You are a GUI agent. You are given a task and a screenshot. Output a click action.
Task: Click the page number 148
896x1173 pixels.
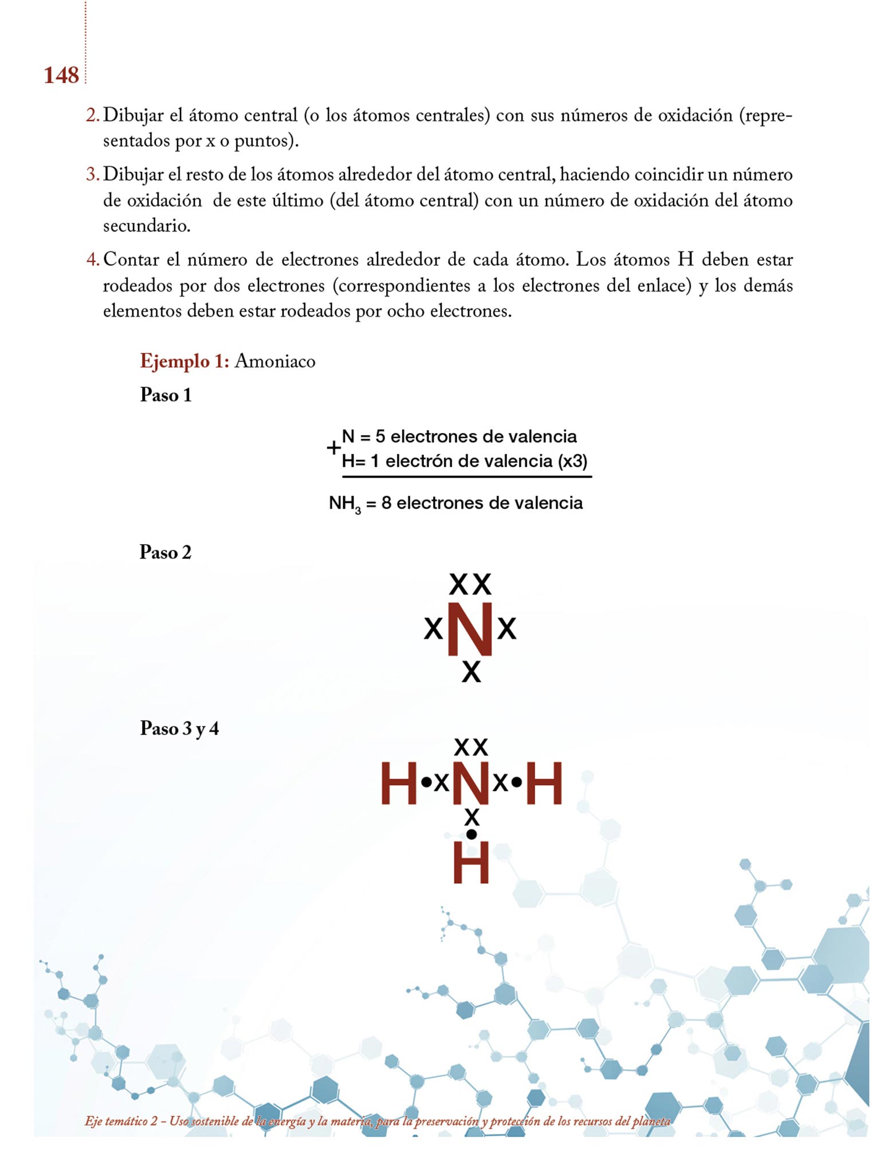61,75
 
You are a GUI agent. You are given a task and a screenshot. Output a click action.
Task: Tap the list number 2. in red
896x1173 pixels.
92,115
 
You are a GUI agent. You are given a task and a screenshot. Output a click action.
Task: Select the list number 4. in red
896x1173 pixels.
92,259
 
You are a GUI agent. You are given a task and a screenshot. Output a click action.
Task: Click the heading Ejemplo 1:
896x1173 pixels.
184,361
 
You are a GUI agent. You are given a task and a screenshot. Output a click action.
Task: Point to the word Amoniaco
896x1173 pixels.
275,361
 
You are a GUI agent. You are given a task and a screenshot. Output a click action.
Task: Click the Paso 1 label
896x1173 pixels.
166,395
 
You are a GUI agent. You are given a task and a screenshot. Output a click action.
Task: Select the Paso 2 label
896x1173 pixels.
165,552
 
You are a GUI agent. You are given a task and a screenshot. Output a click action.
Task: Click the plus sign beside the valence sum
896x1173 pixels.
333,448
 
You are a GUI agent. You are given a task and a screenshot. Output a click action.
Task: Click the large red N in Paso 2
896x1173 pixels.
470,628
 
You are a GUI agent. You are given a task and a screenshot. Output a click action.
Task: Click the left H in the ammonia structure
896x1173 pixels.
399,782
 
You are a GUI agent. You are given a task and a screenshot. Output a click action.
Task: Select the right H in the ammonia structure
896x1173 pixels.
544,782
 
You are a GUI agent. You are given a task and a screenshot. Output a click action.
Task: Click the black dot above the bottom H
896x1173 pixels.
471,835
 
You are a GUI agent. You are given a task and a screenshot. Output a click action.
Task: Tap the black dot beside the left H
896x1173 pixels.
426,782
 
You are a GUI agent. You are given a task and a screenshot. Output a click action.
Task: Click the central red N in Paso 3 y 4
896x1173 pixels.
471,782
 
